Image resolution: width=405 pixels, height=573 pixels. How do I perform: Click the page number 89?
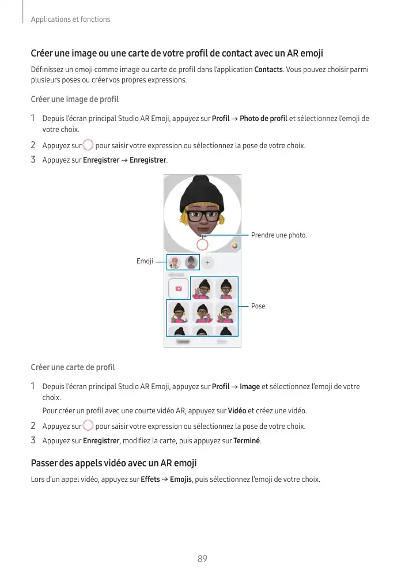point(202,559)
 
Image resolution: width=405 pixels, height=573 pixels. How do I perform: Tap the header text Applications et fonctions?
point(70,20)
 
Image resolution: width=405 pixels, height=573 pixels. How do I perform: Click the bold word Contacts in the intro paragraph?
point(268,70)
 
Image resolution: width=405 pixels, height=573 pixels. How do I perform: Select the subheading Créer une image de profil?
point(75,99)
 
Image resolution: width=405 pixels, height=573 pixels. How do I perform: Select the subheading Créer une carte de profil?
point(73,367)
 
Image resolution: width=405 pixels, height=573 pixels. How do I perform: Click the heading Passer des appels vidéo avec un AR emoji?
point(113,463)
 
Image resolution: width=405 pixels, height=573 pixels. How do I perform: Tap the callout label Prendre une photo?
point(279,235)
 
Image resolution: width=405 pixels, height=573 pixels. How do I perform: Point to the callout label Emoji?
point(145,261)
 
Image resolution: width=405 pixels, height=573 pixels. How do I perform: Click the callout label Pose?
point(258,306)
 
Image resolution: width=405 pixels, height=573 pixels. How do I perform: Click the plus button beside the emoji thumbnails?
point(207,262)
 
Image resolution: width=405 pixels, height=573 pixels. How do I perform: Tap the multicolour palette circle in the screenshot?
point(234,245)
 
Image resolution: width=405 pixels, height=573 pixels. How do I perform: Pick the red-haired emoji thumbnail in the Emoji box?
point(175,262)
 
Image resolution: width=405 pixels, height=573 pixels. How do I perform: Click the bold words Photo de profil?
point(263,119)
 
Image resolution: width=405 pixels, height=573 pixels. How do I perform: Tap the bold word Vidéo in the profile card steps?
point(237,412)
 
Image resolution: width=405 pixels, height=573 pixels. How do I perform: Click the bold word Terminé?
point(247,441)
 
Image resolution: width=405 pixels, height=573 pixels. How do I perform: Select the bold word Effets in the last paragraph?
point(150,480)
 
